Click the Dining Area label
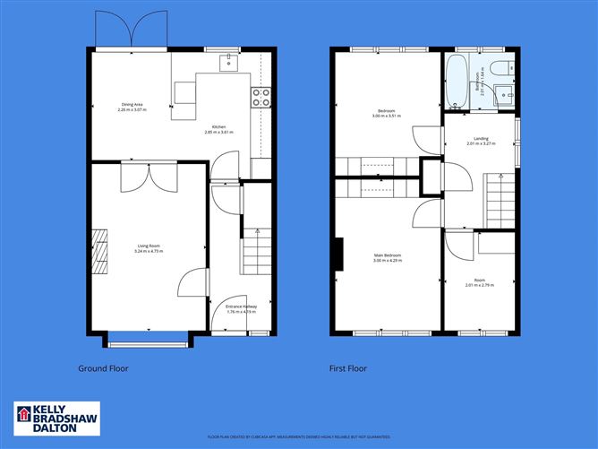click(x=132, y=108)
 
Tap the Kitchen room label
click(x=219, y=129)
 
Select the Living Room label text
click(x=149, y=248)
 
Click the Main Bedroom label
click(x=388, y=258)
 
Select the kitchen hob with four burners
click(x=261, y=97)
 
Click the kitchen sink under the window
click(x=230, y=61)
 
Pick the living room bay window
click(x=148, y=339)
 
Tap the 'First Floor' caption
click(x=348, y=368)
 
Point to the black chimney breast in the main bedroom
click(x=339, y=253)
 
